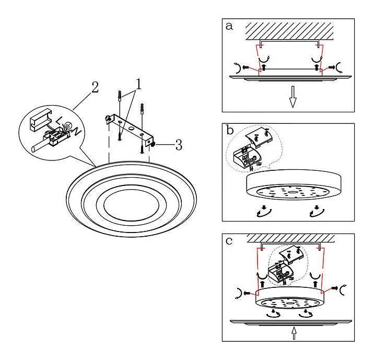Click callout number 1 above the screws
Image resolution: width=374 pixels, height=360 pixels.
[138, 84]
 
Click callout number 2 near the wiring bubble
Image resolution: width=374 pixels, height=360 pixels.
[95, 87]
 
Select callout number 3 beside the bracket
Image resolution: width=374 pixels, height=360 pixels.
[179, 145]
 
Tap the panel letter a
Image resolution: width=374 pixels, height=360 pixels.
[229, 26]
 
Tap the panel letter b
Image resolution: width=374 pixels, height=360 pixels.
[230, 130]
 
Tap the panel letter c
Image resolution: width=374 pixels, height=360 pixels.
[229, 241]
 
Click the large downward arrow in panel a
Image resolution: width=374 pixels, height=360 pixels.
[293, 97]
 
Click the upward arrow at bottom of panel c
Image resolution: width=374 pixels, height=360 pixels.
[294, 333]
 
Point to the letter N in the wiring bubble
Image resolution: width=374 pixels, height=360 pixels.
[78, 131]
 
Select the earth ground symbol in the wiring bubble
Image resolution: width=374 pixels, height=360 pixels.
[68, 125]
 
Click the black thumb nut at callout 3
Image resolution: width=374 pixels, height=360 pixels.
[154, 144]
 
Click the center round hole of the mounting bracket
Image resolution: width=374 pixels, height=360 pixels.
[131, 128]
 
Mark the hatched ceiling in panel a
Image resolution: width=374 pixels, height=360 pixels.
[289, 31]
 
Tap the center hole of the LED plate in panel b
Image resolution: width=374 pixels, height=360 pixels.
[292, 192]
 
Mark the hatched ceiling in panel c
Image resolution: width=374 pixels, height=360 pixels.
[290, 238]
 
